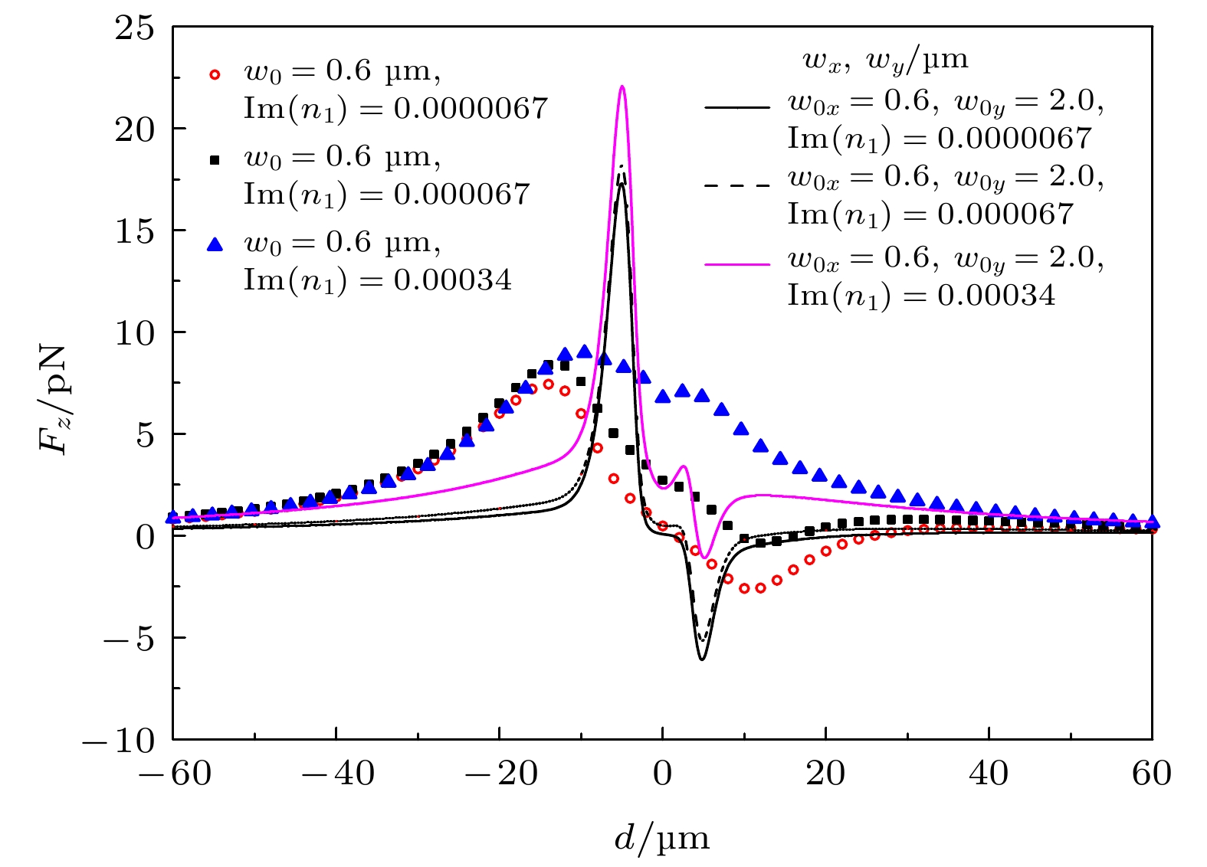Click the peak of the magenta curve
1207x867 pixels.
click(622, 87)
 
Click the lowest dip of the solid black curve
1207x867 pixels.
click(701, 659)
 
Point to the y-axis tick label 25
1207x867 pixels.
click(135, 28)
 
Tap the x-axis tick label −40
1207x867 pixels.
click(337, 774)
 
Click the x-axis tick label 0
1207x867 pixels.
click(662, 774)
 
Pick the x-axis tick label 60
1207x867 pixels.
click(1151, 774)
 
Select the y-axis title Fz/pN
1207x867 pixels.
click(54, 399)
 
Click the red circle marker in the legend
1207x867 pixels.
click(215, 74)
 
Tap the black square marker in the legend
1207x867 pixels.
click(215, 160)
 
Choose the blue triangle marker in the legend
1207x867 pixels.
click(215, 244)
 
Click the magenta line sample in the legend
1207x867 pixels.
click(736, 264)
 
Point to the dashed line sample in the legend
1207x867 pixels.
click(736, 185)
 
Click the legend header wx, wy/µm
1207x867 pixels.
click(885, 60)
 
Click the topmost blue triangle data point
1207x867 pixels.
click(584, 352)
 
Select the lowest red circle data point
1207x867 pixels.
click(744, 588)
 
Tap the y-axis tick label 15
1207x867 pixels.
click(135, 231)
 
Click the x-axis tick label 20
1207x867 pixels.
click(825, 774)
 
